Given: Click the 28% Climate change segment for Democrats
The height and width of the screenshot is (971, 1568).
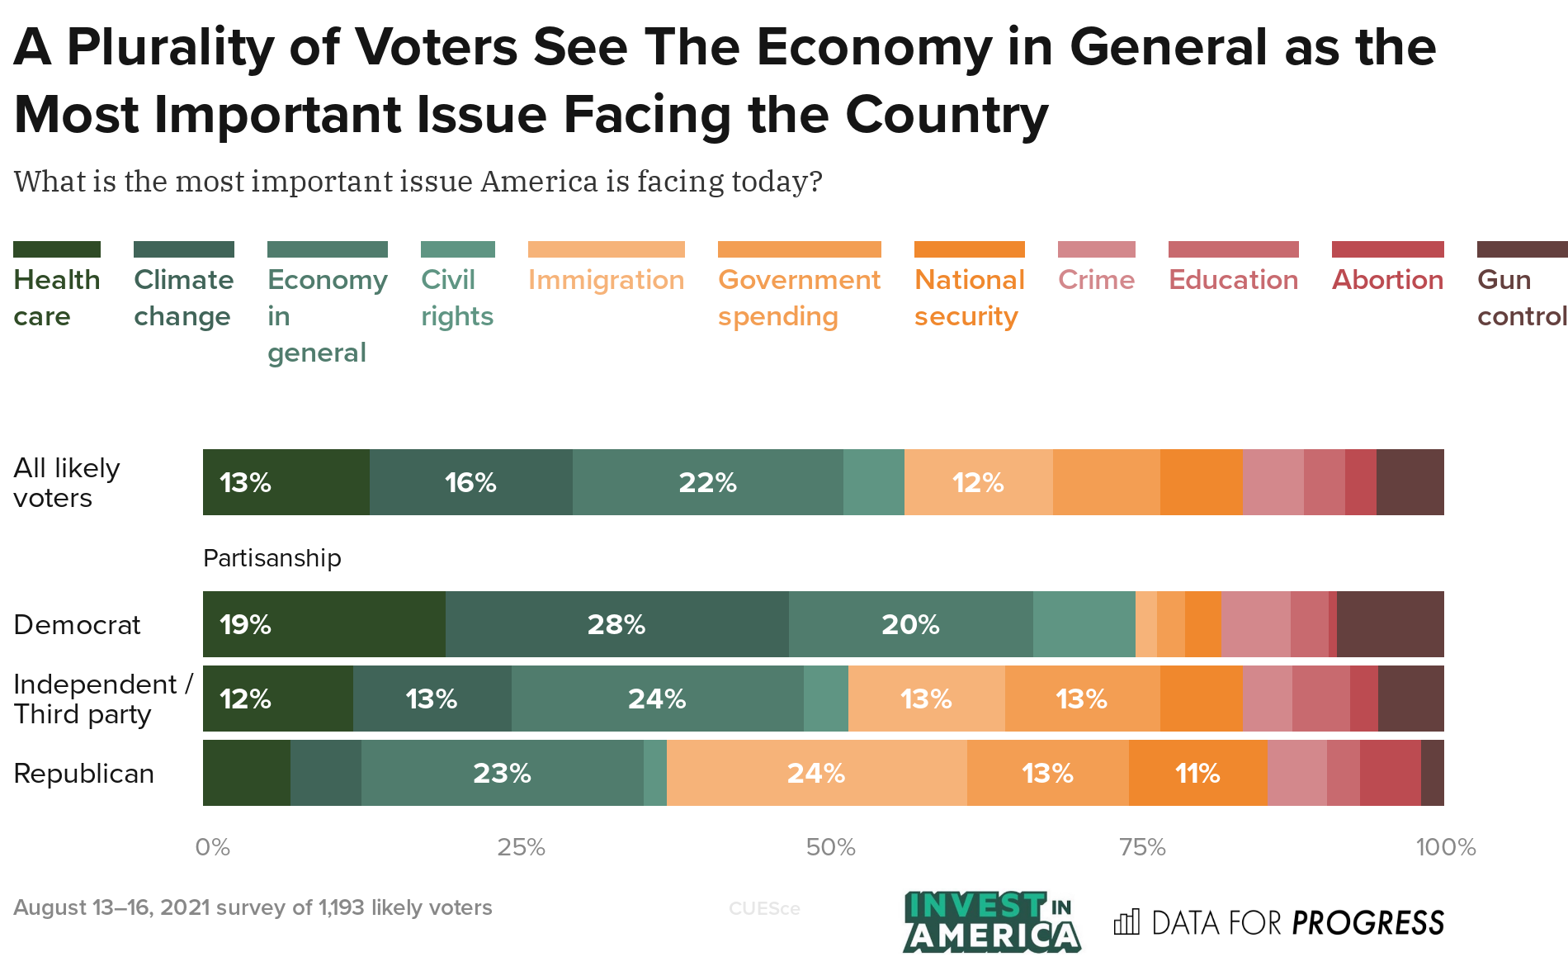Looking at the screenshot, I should [x=616, y=624].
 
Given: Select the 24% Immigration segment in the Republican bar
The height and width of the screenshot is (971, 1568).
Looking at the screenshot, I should [x=816, y=773].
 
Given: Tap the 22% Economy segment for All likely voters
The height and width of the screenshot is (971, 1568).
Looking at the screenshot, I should [x=707, y=482].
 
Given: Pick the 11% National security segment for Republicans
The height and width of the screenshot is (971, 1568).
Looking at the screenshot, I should [x=1197, y=773].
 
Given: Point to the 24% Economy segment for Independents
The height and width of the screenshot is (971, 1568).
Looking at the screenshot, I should [x=657, y=699].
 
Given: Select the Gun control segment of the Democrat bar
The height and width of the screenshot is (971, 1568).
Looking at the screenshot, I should [x=1390, y=624].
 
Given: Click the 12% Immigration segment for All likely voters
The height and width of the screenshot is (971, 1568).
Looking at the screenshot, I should [x=978, y=482].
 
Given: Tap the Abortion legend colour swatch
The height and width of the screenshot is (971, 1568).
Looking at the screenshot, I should [x=1387, y=249].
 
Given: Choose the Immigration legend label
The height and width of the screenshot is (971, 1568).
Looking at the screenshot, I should [x=606, y=280].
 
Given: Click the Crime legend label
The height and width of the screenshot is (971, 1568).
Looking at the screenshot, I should [x=1096, y=280].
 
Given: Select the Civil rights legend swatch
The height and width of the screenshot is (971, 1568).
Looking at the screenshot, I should [x=457, y=249].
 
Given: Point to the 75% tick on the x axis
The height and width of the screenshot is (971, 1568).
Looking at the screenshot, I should [x=1142, y=847].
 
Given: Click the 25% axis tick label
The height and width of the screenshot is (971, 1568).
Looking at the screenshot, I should [x=521, y=847].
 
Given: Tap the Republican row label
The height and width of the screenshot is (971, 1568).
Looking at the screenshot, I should [x=84, y=774].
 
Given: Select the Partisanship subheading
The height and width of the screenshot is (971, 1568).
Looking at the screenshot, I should [x=272, y=558].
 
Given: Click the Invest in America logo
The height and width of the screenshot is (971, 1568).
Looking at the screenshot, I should [x=990, y=921].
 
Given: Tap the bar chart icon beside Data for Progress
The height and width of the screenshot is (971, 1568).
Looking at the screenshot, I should [x=1126, y=922].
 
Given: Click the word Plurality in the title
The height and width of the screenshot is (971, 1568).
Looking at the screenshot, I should [x=170, y=47].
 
